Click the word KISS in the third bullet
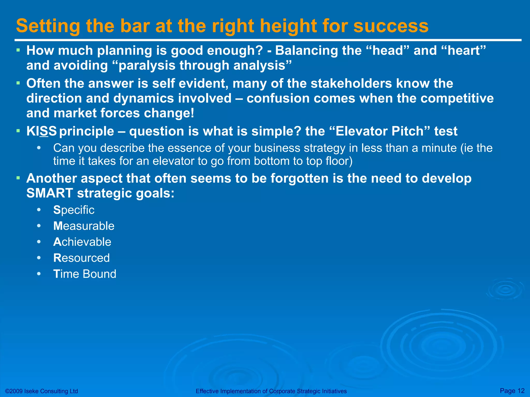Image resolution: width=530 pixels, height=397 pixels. point(41,131)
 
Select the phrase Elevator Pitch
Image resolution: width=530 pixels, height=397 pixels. point(379,131)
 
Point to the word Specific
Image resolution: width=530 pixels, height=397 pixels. point(74,210)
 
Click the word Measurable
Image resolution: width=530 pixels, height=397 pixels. point(84,226)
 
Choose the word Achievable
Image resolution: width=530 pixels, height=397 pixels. point(82,242)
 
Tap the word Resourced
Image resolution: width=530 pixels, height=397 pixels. point(81,258)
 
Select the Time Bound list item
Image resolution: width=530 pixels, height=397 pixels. point(85,274)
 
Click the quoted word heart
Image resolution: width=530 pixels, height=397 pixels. point(463,50)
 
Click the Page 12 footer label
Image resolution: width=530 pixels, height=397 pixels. point(512,391)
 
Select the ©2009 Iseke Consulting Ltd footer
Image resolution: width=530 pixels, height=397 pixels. point(41,391)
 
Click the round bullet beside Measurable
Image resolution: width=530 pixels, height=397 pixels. point(39,226)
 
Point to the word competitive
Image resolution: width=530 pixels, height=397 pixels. point(457,98)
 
